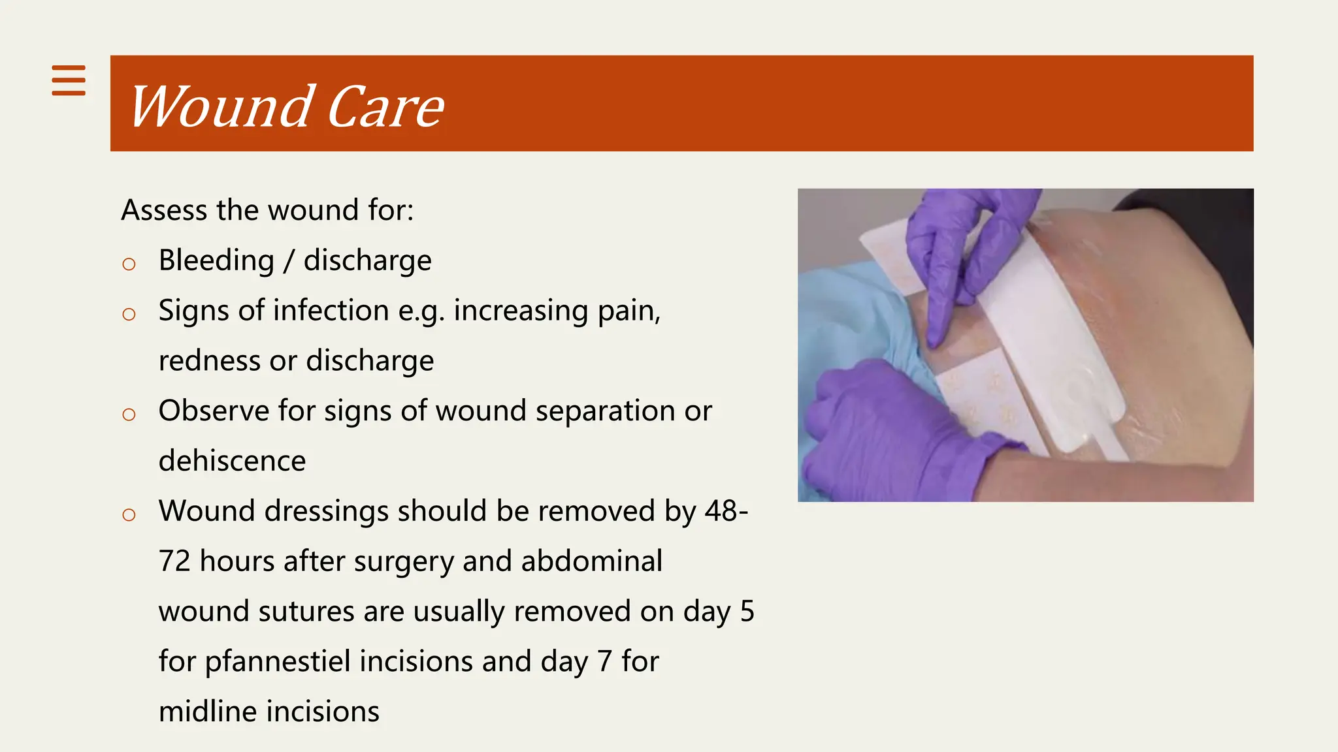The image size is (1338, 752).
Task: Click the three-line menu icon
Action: [69, 80]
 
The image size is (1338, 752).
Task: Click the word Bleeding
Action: [216, 260]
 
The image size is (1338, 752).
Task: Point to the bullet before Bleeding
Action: [129, 264]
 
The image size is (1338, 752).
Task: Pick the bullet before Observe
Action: [129, 415]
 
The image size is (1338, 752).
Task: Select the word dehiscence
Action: [232, 461]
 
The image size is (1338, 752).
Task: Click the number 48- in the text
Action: [726, 511]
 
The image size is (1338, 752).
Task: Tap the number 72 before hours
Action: [174, 561]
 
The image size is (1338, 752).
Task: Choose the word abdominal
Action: [591, 561]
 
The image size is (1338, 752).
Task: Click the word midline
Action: [208, 712]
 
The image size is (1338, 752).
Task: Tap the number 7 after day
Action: [604, 661]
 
